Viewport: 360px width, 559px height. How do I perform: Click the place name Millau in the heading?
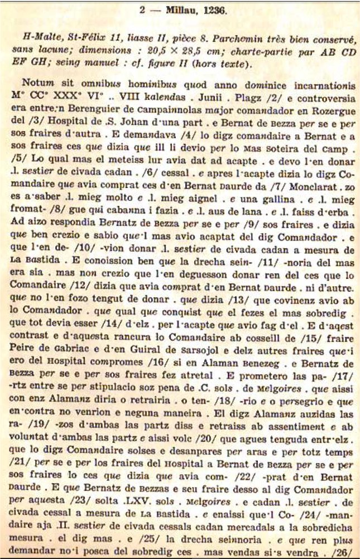187,8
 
